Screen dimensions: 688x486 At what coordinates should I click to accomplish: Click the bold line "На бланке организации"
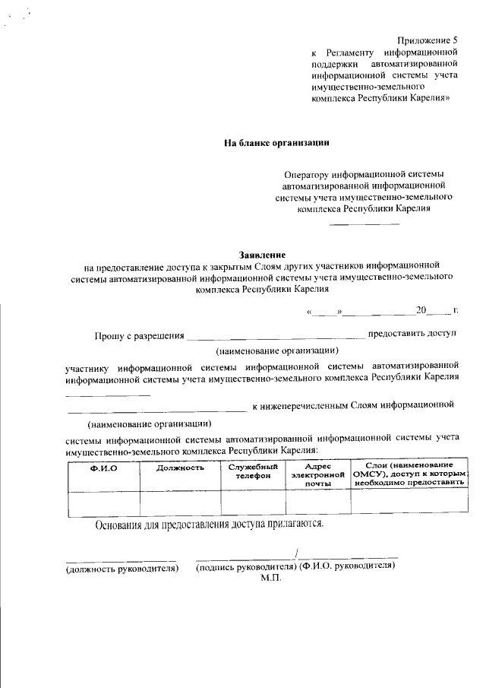click(x=276, y=142)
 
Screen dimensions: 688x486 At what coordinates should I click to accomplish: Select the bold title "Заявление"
click(x=262, y=254)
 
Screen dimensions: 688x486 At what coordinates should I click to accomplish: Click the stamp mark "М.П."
click(x=271, y=579)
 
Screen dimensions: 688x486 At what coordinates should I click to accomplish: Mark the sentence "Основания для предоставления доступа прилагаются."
click(x=210, y=525)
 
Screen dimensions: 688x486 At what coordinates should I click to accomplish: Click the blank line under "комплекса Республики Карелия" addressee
click(x=364, y=223)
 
